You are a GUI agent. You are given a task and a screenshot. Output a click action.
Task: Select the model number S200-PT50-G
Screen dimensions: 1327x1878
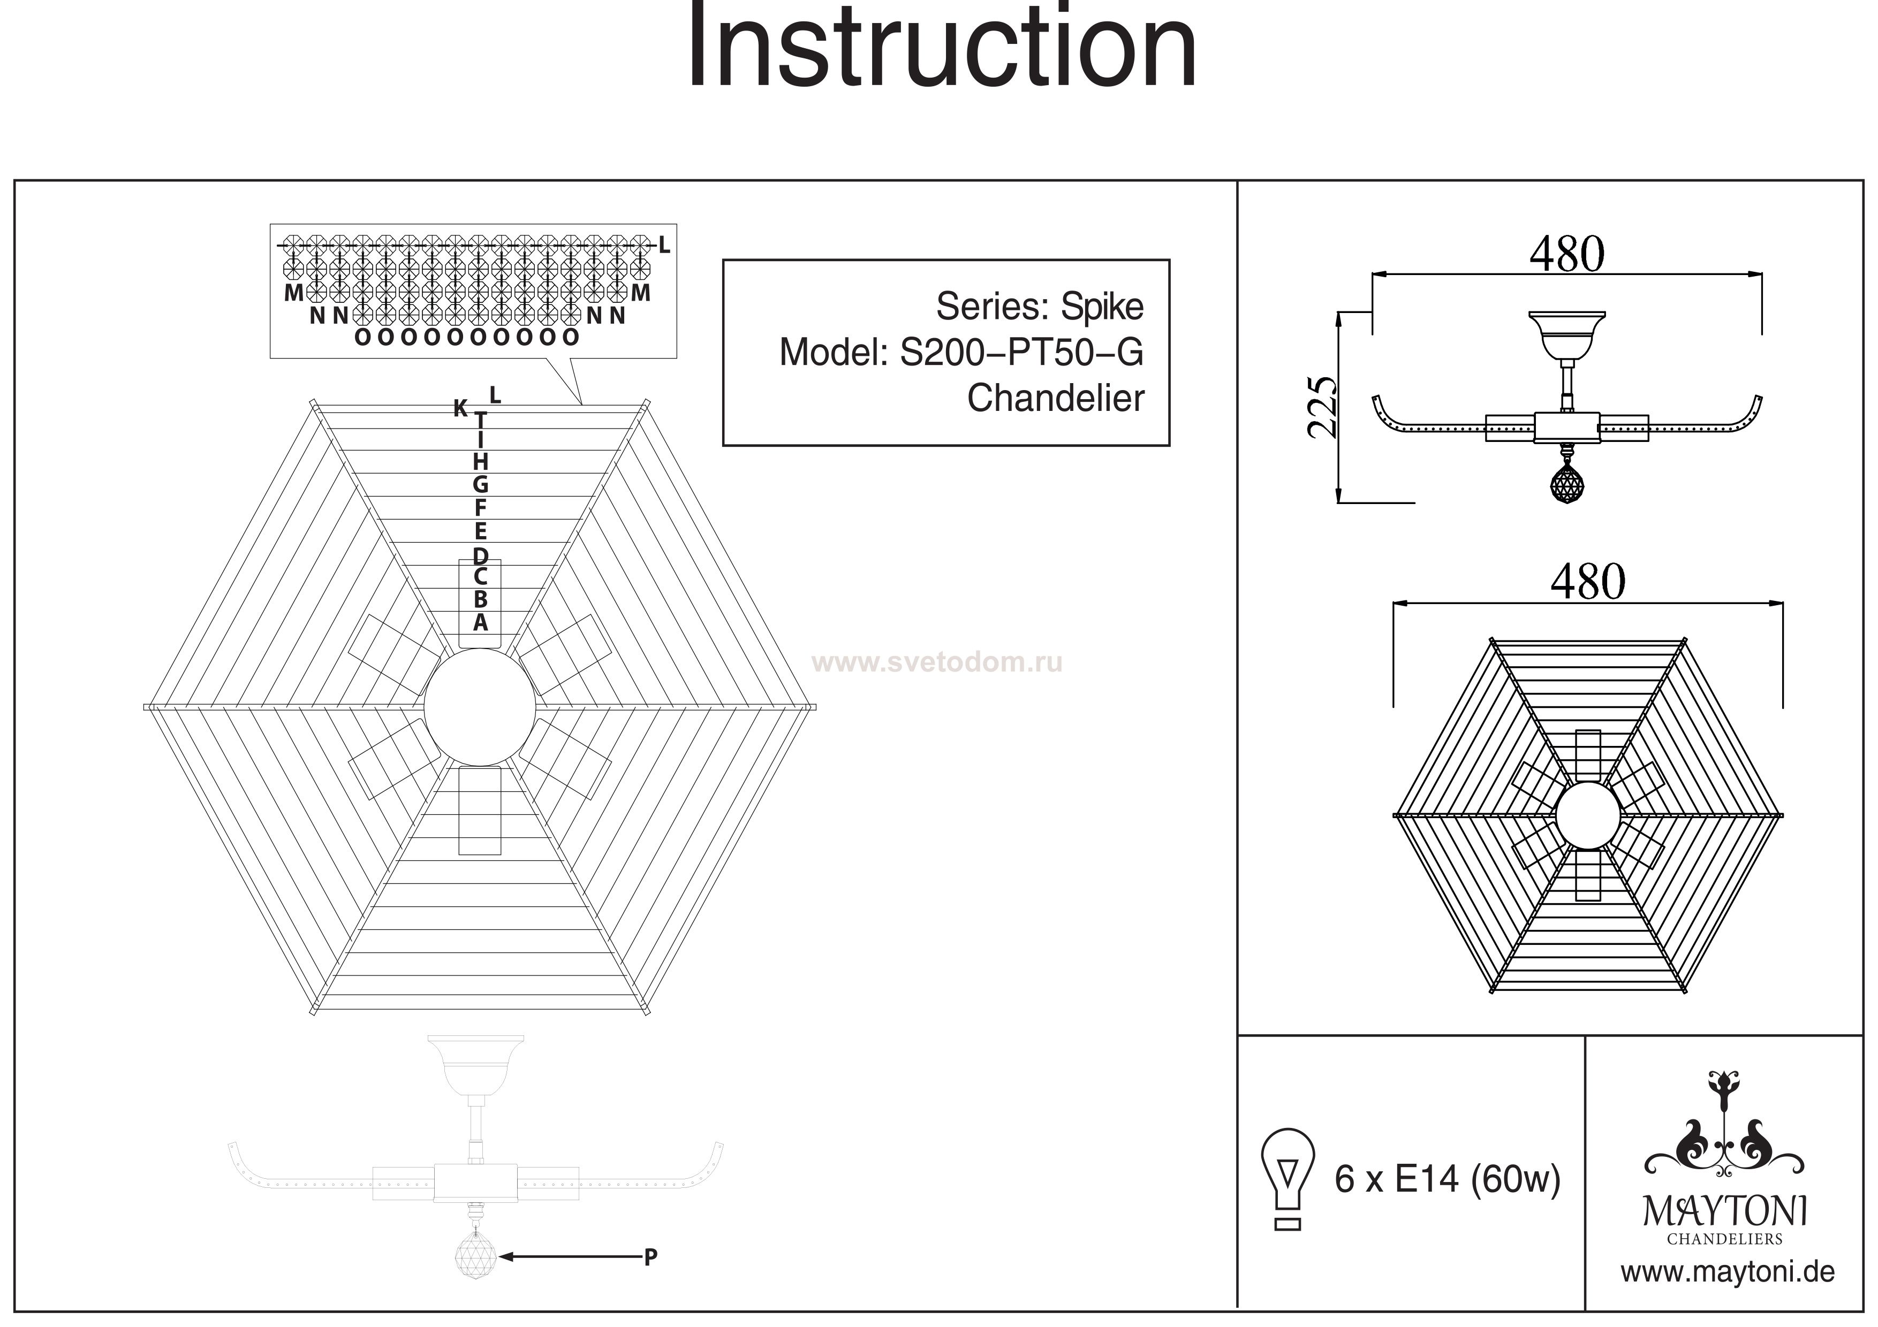1021,353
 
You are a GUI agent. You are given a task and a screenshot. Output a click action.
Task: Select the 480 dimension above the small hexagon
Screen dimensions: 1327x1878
1588,582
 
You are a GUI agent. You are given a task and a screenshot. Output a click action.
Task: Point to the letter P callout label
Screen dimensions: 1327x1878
650,1257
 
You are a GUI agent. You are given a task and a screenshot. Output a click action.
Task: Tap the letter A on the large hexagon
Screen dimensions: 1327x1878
480,622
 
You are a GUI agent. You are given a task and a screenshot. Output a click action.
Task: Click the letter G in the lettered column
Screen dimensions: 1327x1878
480,484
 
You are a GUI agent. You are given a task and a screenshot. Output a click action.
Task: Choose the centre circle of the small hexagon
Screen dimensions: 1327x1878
1588,815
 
